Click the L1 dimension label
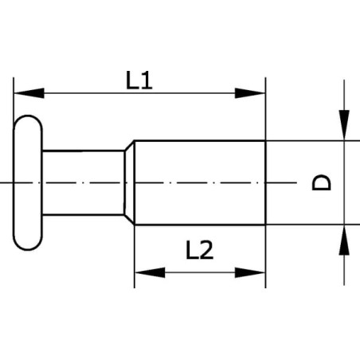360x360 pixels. click(x=139, y=80)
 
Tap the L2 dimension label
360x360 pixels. click(x=199, y=250)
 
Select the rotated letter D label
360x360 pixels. click(x=321, y=182)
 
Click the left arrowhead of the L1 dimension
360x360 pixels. click(x=29, y=93)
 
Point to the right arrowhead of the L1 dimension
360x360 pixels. click(x=250, y=93)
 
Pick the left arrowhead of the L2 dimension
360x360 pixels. click(x=150, y=272)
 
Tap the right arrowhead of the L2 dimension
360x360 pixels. click(x=250, y=272)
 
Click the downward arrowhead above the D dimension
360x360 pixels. click(x=344, y=125)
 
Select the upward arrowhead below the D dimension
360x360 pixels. click(x=344, y=241)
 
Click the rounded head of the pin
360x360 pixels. click(x=28, y=182)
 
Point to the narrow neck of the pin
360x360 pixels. click(x=83, y=182)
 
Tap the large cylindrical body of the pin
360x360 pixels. click(x=200, y=182)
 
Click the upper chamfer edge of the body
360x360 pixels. click(x=129, y=145)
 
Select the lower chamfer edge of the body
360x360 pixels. click(x=129, y=220)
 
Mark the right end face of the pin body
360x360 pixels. click(x=265, y=182)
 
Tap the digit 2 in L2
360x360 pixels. click(x=206, y=250)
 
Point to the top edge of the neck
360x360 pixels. click(x=84, y=151)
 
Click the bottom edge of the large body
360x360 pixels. click(x=200, y=225)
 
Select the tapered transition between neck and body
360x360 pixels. click(x=130, y=182)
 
